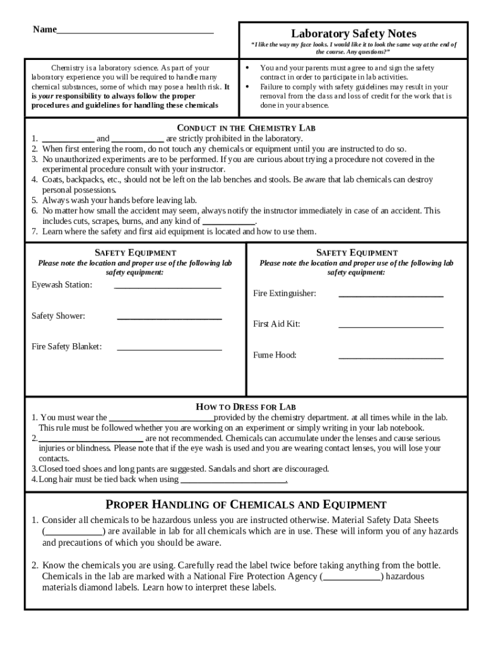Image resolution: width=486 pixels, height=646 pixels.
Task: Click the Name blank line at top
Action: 134,31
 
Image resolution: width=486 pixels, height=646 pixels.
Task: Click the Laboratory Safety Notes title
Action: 353,33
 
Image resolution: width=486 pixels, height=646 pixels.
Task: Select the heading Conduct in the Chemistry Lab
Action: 246,127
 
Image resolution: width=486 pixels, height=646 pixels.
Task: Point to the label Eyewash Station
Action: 62,285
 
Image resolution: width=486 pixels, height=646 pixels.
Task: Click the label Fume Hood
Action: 275,355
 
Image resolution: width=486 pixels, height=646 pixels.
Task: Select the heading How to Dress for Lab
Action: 246,407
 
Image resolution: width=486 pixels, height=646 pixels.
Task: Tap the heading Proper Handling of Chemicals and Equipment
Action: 246,505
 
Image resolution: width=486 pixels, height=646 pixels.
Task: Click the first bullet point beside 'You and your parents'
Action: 247,68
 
